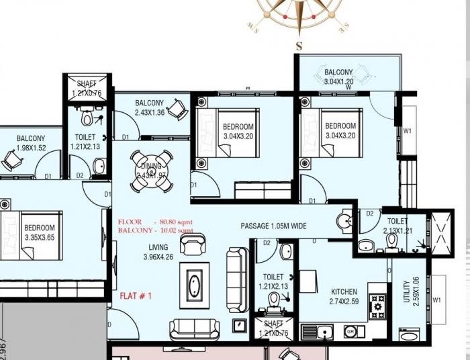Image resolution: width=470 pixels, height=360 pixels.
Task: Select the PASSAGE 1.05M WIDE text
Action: [273, 226]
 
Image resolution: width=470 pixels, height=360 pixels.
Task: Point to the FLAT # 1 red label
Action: [136, 296]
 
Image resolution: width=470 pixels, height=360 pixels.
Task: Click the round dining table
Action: [151, 171]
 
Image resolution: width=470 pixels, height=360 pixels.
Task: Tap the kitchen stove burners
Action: [377, 306]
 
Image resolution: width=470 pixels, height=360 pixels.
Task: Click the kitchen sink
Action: [322, 330]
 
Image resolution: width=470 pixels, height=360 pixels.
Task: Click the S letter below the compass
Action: [299, 46]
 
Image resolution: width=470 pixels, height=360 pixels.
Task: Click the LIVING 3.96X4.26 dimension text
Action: [158, 252]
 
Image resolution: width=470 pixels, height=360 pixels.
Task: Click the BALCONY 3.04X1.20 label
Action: [339, 77]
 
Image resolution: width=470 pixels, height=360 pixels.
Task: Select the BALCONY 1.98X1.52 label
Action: [31, 143]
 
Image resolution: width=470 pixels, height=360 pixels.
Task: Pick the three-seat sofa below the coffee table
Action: [194, 329]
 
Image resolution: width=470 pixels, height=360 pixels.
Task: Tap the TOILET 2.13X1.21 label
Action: [397, 225]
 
